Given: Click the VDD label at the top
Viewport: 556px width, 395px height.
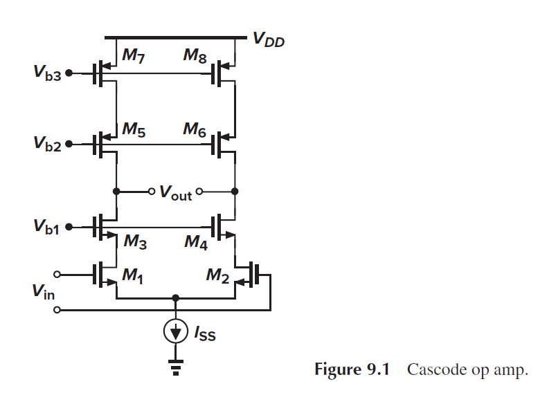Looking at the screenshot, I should pyautogui.click(x=268, y=39).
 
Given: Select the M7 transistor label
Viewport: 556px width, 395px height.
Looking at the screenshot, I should pyautogui.click(x=133, y=56).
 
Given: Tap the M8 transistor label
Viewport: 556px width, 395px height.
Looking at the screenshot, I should pyautogui.click(x=195, y=56).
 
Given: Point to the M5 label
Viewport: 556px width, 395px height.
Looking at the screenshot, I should pyautogui.click(x=133, y=129).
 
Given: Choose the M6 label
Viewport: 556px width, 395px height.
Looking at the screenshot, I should pyautogui.click(x=195, y=129).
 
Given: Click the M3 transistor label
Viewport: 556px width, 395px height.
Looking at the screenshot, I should pyautogui.click(x=134, y=241).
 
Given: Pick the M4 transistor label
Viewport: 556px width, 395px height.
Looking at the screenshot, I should pyautogui.click(x=196, y=241).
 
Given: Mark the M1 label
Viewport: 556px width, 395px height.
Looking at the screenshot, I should pyautogui.click(x=133, y=276).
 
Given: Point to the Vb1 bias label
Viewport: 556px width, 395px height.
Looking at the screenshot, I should pyautogui.click(x=46, y=226).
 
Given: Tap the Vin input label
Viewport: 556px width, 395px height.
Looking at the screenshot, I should pyautogui.click(x=42, y=293).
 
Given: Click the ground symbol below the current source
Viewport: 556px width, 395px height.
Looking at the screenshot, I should pyautogui.click(x=175, y=367).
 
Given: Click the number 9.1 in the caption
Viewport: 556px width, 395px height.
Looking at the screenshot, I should pyautogui.click(x=378, y=369).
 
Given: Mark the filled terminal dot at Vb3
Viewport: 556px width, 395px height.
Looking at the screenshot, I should pyautogui.click(x=69, y=73).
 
